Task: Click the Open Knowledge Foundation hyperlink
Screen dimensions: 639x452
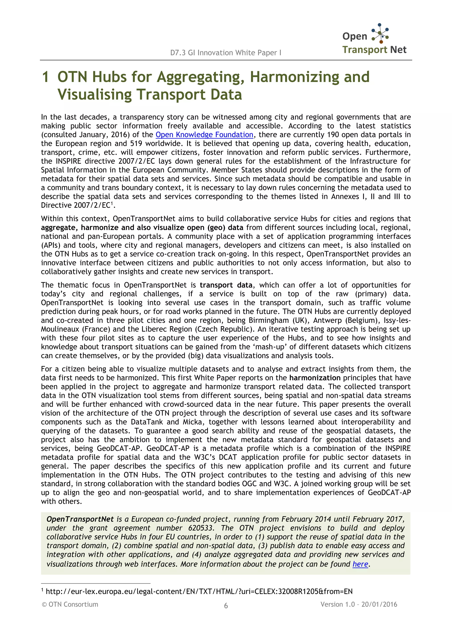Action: tap(204, 135)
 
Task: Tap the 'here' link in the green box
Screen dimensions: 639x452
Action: tap(360, 564)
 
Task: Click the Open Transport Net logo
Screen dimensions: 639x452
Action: tap(374, 39)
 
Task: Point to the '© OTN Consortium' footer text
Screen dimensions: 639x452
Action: tap(70, 605)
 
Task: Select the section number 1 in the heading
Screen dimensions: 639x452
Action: tap(46, 77)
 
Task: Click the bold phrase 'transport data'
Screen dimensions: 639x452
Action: tap(226, 285)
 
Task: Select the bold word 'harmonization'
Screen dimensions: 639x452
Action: tap(315, 378)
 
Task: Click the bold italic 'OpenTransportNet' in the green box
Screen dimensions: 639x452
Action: tap(80, 519)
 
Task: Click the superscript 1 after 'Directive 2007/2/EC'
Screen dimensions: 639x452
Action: tap(112, 203)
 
